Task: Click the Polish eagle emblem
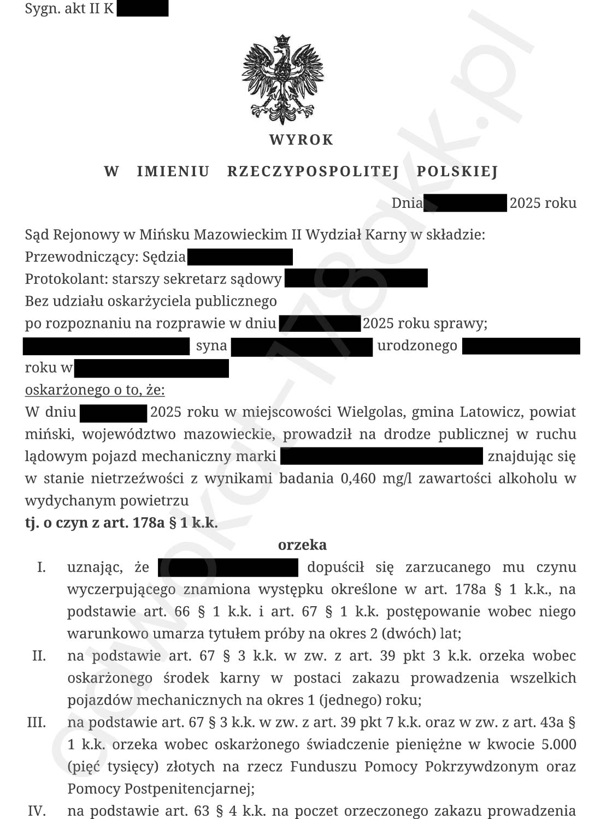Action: pos(282,79)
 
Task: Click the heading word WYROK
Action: pos(301,140)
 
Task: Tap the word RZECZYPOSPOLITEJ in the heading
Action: pos(313,172)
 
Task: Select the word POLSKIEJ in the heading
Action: pos(457,172)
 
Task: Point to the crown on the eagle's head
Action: pos(282,40)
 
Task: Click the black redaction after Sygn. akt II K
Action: pos(143,9)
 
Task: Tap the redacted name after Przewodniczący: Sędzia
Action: pos(240,256)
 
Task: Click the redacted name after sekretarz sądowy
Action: pos(356,279)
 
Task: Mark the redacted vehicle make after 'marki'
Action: pos(381,456)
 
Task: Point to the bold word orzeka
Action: pos(302,545)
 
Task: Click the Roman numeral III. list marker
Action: pos(37,722)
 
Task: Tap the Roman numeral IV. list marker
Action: pos(37,811)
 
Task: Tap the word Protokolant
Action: pos(66,279)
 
